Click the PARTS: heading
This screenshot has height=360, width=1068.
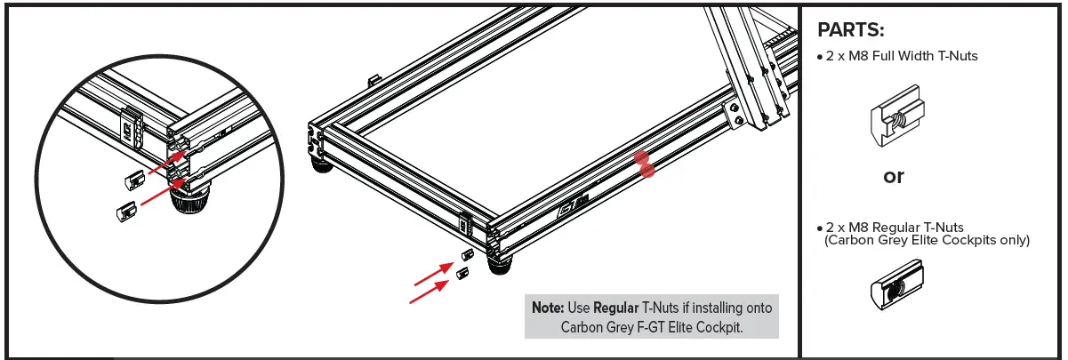tap(850, 30)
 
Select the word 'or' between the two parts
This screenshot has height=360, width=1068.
tap(893, 176)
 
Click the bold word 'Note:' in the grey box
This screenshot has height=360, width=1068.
tap(547, 308)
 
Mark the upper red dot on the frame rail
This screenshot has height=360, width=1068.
tap(641, 157)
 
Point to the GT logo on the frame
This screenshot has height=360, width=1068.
tap(568, 210)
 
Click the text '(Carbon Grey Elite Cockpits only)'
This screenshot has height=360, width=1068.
tap(927, 240)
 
